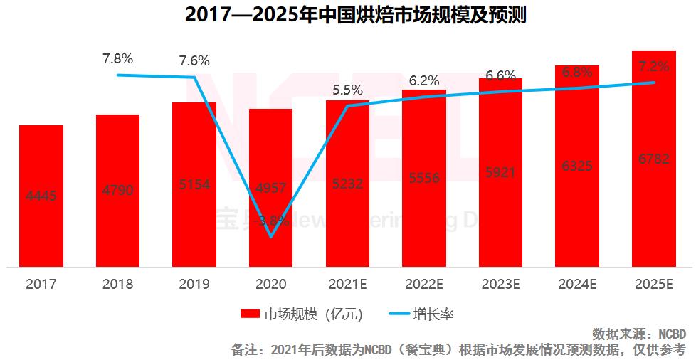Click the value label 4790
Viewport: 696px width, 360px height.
point(117,190)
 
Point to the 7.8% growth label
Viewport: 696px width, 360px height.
point(117,57)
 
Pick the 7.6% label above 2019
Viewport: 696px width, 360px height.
point(194,60)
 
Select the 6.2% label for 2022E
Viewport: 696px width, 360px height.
point(424,80)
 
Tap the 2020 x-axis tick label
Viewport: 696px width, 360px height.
point(270,284)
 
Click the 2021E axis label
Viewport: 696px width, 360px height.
point(347,284)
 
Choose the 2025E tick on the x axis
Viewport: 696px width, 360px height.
point(654,284)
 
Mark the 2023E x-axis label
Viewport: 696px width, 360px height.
point(500,284)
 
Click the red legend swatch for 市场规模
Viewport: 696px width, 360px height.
point(251,314)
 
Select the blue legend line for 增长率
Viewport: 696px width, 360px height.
point(405,314)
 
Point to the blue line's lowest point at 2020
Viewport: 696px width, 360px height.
point(271,235)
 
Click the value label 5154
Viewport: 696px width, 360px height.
point(194,184)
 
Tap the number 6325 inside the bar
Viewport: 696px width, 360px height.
point(577,166)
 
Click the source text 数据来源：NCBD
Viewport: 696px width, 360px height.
point(638,334)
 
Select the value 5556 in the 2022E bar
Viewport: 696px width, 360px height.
point(424,179)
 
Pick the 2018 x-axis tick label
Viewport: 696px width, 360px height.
point(117,284)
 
